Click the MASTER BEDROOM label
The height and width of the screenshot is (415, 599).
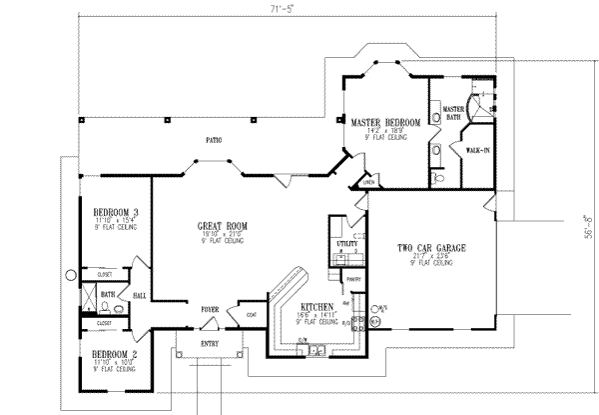(x=385, y=121)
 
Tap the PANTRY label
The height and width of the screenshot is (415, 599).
(x=351, y=279)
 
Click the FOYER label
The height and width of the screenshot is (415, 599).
(x=209, y=309)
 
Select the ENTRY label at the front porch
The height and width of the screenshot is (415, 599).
(x=211, y=342)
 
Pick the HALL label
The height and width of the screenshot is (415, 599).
(x=140, y=295)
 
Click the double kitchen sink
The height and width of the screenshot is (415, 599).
(x=314, y=350)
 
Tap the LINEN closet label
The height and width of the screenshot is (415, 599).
(x=368, y=181)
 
